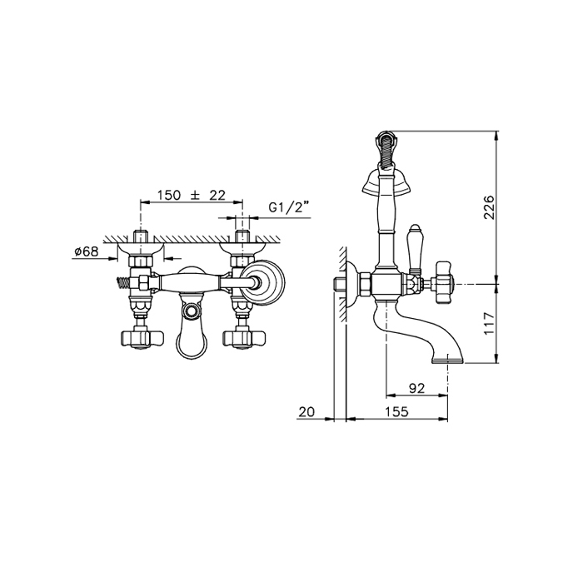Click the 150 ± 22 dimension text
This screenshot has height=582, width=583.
click(x=191, y=195)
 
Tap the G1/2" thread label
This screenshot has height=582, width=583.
click(x=288, y=207)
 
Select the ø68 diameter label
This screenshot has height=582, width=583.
click(x=87, y=251)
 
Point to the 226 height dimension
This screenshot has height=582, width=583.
click(x=491, y=207)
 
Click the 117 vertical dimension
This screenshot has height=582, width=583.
click(x=491, y=323)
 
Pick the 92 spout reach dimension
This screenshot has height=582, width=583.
click(x=416, y=388)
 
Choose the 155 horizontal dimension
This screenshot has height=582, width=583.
click(x=396, y=411)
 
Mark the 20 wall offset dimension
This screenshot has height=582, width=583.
click(x=306, y=411)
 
